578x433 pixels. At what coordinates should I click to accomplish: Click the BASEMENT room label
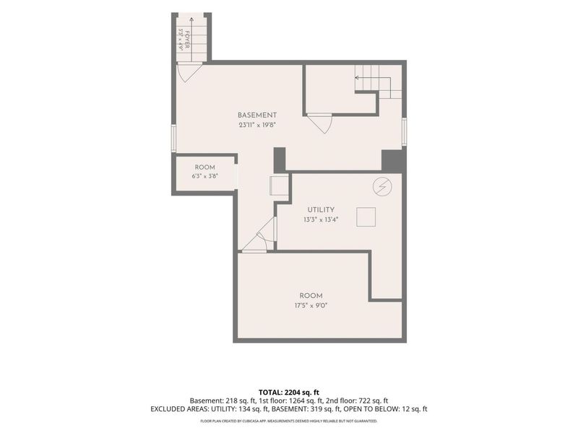257,115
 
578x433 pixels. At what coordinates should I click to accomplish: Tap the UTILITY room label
321,210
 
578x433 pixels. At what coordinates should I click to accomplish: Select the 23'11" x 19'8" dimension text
257,125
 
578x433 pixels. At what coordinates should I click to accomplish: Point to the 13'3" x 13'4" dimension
321,220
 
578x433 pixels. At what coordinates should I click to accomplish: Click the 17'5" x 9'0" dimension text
311,305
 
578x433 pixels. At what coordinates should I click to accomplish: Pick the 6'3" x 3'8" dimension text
205,176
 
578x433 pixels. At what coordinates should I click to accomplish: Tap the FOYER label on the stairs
187,40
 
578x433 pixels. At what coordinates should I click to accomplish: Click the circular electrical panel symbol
382,187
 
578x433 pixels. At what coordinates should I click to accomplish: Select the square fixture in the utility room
366,217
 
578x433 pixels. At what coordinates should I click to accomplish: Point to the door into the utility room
260,240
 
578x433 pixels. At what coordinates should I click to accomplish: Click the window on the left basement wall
173,138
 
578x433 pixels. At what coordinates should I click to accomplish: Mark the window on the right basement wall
405,131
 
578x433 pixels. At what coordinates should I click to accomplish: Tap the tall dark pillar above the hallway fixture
280,159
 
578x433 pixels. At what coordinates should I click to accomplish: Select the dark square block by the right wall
394,160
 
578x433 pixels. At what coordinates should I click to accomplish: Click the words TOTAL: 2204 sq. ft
288,393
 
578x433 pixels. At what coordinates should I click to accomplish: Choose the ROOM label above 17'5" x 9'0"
311,296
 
